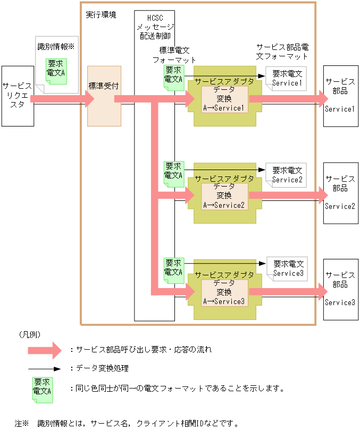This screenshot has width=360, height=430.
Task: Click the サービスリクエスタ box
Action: pos(17,96)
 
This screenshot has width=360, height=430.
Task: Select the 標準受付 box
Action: pos(104,96)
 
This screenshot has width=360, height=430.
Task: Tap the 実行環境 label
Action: pos(101,14)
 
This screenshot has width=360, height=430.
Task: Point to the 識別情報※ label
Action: pos(56,47)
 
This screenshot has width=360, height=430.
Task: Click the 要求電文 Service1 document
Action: pos(287,79)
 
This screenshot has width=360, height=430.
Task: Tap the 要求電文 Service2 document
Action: pos(287,175)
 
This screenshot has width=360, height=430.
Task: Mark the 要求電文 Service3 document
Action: pos(288,268)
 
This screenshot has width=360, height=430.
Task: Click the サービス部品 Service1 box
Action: pos(340,96)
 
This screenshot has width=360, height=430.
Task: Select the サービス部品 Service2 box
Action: pos(340,192)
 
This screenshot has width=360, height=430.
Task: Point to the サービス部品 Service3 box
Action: pos(340,289)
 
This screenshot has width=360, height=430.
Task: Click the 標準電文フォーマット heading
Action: pos(174,55)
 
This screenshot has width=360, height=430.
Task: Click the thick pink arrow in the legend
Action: pos(46,350)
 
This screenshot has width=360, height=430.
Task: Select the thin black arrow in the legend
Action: pos(46,368)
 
